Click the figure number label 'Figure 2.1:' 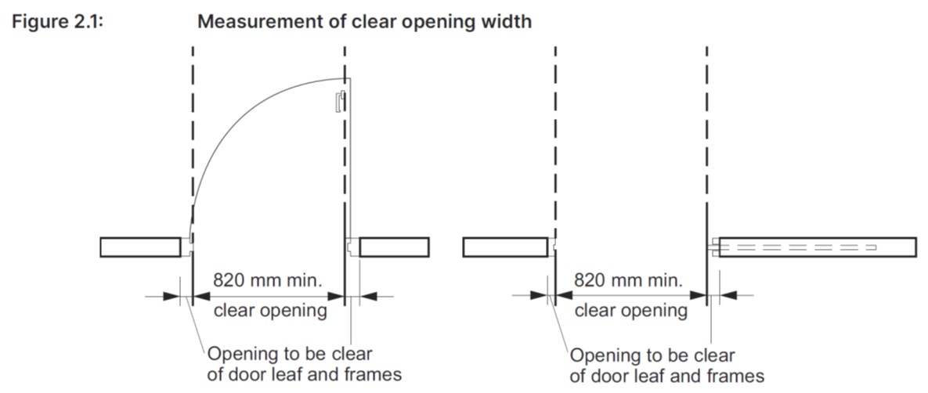click(59, 21)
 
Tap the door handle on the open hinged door click(338, 103)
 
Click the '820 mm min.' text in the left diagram click(268, 280)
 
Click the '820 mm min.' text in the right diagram click(629, 280)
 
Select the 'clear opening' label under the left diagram click(270, 311)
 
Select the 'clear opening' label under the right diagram click(631, 311)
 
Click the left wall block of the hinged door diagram click(141, 247)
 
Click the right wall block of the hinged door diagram click(393, 247)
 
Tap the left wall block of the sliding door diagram click(504, 247)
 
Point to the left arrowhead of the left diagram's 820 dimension click(200, 296)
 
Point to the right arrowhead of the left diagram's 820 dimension click(338, 296)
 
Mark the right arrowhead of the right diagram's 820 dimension click(699, 296)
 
